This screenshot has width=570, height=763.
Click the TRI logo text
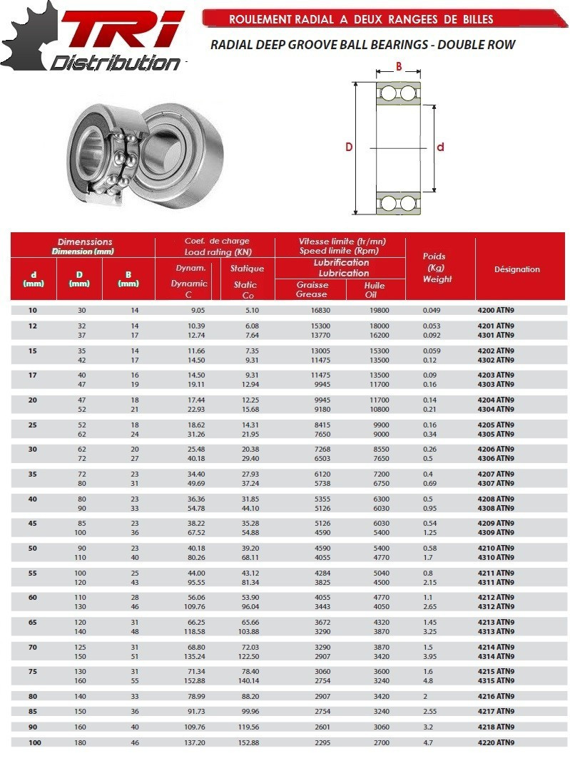[x=121, y=32]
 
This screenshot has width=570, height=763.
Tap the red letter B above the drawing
[x=399, y=67]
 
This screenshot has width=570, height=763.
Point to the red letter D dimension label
[x=349, y=147]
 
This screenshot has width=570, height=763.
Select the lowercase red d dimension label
[x=440, y=147]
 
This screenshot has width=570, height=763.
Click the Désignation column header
[x=517, y=269]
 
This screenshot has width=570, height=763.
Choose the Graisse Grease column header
[x=312, y=289]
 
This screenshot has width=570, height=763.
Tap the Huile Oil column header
[x=375, y=289]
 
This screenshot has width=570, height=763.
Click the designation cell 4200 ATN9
[x=496, y=311]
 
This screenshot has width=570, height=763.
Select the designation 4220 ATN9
[x=496, y=742]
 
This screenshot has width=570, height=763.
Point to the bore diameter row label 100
[x=34, y=742]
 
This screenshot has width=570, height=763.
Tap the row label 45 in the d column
[x=34, y=523]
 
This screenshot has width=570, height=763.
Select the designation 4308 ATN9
[x=496, y=508]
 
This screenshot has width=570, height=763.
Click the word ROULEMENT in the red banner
[x=261, y=19]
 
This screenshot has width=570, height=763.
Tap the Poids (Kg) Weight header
[x=437, y=268]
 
